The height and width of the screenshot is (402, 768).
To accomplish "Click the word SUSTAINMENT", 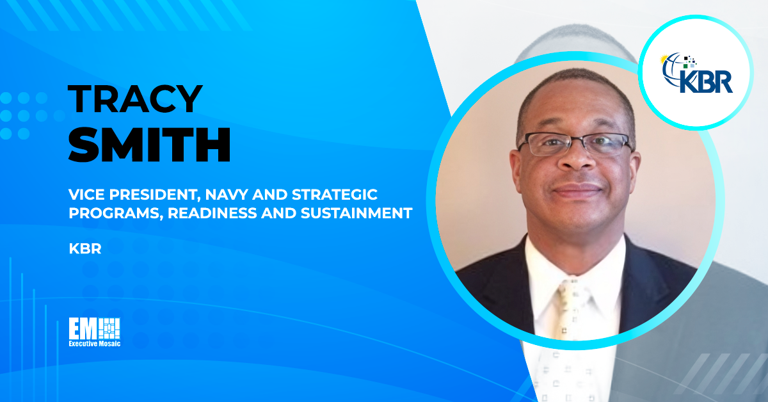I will point(356,214).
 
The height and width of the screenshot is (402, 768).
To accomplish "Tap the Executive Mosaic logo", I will point(94,332).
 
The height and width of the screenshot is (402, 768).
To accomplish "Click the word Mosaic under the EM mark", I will point(106,344).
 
